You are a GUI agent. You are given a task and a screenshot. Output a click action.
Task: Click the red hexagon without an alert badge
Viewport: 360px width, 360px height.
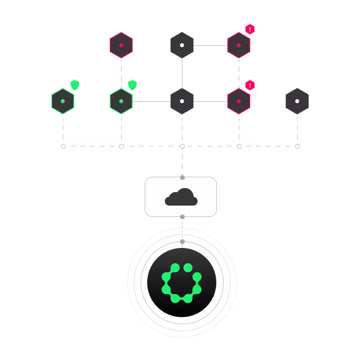click(121, 45)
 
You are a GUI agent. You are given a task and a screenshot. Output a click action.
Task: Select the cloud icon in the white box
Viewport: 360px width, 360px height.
click(181, 197)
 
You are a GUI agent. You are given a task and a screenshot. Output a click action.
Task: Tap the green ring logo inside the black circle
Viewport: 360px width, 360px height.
click(181, 282)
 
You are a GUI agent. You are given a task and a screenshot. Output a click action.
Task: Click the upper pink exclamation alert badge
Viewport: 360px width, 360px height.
click(250, 29)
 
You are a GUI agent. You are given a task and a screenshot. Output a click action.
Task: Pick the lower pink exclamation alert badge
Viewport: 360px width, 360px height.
click(250, 85)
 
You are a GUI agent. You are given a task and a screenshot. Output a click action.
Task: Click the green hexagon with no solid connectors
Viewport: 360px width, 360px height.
click(63, 101)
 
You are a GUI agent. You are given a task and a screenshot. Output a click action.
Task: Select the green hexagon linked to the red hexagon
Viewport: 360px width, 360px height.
click(121, 101)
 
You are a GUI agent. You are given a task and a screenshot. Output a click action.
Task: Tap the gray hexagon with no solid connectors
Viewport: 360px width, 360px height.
click(297, 101)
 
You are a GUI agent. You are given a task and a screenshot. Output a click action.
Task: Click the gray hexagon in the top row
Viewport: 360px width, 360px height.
click(182, 45)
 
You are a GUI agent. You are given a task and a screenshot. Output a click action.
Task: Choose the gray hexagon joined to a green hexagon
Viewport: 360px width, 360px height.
click(182, 101)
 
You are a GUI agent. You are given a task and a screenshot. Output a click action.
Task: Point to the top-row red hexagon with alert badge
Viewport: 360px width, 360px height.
click(239, 45)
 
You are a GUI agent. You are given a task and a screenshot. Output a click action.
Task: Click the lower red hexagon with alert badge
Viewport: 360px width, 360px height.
click(239, 101)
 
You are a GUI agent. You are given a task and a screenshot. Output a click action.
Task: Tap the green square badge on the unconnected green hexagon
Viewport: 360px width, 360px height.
click(75, 85)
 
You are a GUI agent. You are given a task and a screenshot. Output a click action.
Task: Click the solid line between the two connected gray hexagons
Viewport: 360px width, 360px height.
click(181, 73)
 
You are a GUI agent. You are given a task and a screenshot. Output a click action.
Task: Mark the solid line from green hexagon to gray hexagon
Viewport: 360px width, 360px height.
click(151, 101)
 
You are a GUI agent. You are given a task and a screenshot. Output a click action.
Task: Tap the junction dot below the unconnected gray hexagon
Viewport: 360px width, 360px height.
click(297, 147)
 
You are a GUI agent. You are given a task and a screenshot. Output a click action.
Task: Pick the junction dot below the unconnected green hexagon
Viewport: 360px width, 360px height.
click(64, 147)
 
